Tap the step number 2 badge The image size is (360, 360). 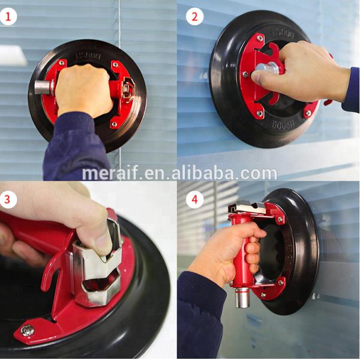pos(194,16)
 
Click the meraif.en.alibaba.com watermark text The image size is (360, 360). pos(179,173)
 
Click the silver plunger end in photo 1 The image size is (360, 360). pos(43,87)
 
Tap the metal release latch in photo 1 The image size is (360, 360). pos(128,91)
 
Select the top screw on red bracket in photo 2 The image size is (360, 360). pos(259,38)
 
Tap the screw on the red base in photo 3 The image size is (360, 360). pos(27,329)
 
